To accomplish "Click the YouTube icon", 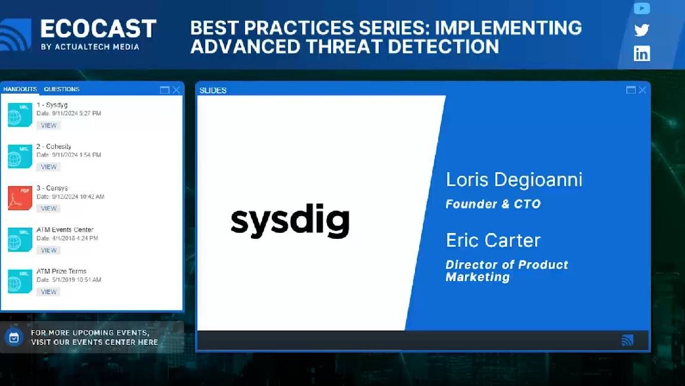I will (642, 8).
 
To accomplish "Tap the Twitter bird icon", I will (642, 30).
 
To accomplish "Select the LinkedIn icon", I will (642, 54).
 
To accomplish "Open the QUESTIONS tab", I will (61, 89).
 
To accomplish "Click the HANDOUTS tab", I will (20, 89).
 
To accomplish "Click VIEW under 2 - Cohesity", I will (49, 167).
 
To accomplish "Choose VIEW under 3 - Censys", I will (49, 208).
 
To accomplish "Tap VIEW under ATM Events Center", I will (49, 250).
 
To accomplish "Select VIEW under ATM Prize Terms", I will (49, 292).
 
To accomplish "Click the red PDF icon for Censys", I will (20, 198).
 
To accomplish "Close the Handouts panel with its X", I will (176, 90).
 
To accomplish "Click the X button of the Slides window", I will (642, 90).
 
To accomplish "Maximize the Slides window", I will (631, 90).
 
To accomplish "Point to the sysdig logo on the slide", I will (290, 222).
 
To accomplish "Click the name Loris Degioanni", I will (514, 179).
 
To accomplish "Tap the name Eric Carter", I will (493, 240).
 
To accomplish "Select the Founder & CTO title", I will (493, 204).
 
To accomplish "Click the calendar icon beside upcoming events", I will (14, 337).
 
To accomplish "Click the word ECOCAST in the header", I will (98, 29).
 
